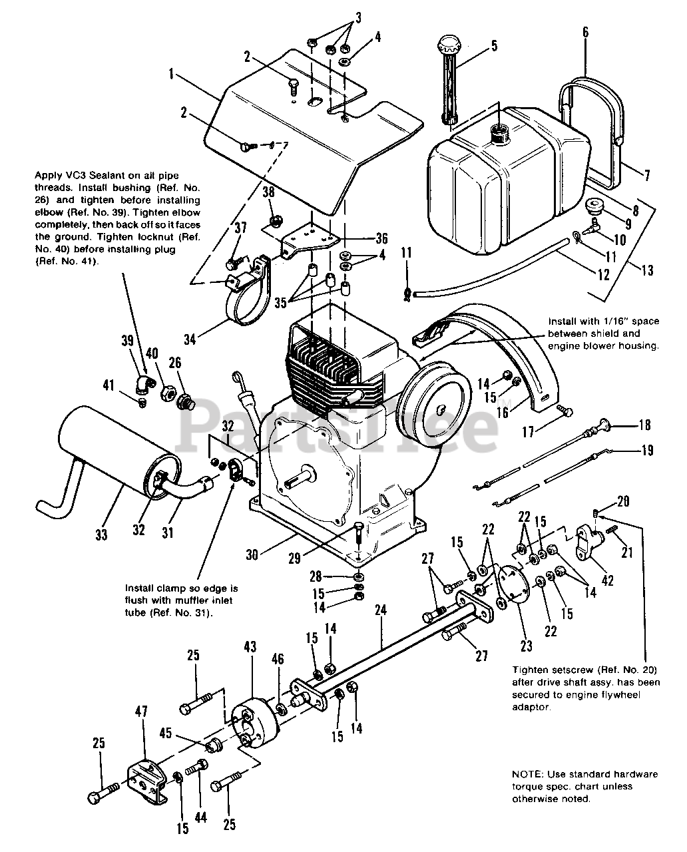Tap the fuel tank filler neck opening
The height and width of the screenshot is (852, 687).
[497, 134]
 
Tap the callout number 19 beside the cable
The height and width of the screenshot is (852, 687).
[645, 452]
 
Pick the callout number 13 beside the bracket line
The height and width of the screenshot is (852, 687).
[646, 270]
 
